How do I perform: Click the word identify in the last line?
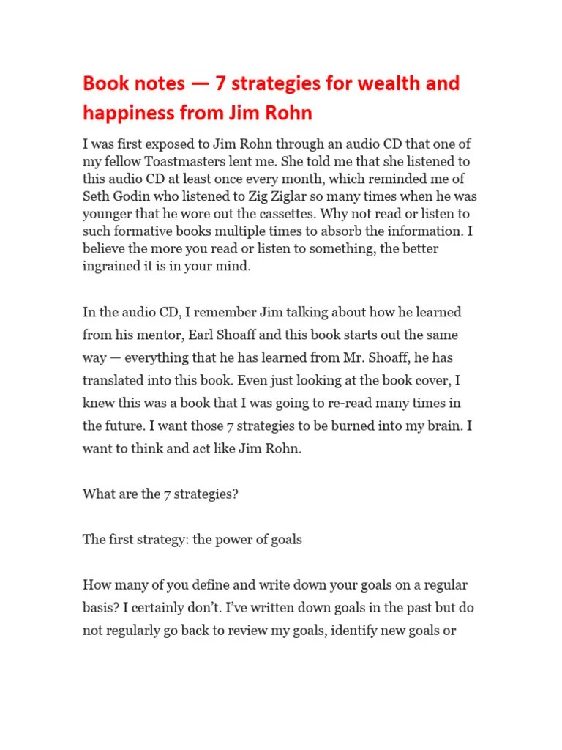(356, 630)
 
